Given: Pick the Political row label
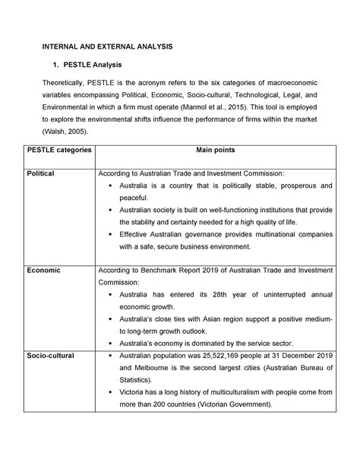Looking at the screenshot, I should point(40,173).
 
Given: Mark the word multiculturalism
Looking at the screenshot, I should point(229,392).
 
